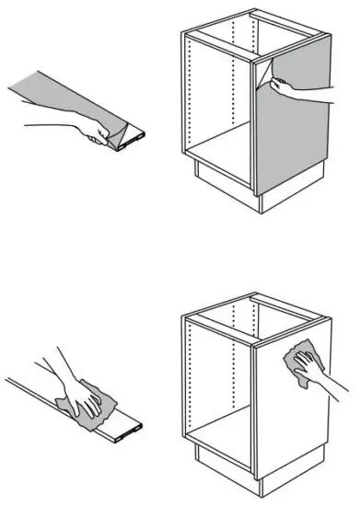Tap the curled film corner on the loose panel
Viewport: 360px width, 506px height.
coord(113,137)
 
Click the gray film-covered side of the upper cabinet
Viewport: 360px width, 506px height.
coord(293,138)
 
